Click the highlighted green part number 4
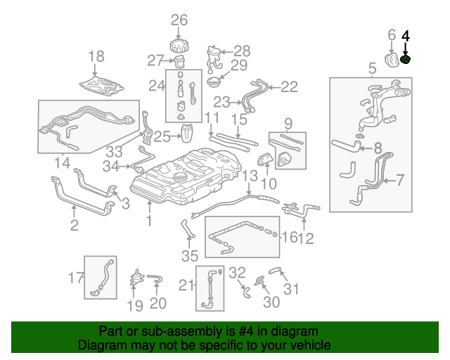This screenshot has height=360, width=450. pos(406,60)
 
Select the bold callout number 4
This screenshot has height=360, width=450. pos(406,34)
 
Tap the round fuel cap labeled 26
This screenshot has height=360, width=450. pos(179,45)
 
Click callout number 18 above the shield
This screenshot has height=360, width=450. pos(96,56)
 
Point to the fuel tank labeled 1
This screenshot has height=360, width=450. pos(176,176)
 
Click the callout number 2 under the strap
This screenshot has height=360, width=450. pos(74,225)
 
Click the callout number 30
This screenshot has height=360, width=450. pos(271,302)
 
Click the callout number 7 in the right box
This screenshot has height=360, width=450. pos(400,180)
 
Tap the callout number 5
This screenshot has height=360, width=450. pos(372,68)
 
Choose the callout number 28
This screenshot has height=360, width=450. pos(242,51)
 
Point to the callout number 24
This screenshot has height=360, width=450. pos(156,86)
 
